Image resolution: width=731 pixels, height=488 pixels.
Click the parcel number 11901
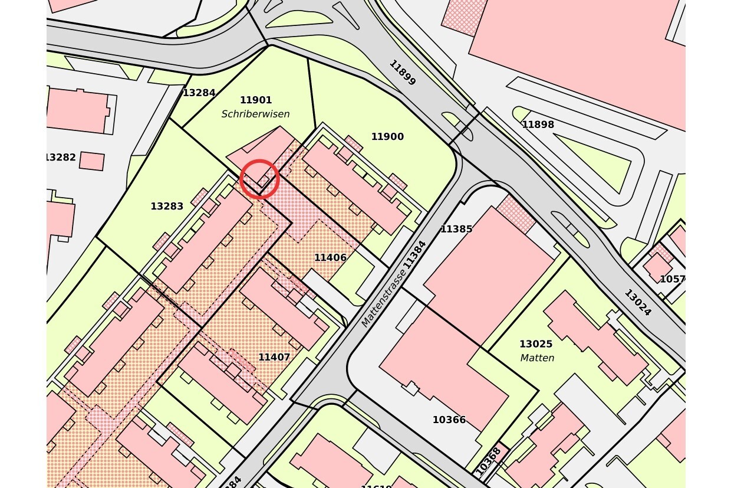[x=256, y=100]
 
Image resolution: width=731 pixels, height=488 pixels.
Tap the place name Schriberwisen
[x=255, y=114]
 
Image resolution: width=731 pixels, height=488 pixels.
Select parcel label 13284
[x=199, y=93]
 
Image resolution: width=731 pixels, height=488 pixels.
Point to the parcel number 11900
[x=387, y=137]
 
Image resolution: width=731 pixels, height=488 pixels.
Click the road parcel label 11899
[x=403, y=73]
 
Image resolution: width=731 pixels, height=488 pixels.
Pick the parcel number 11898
[x=538, y=125]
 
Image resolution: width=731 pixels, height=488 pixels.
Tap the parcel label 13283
[x=167, y=207]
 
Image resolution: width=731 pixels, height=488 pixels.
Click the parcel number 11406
[x=330, y=258]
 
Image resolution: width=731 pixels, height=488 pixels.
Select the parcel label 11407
[x=274, y=358]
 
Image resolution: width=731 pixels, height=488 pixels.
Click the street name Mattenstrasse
[x=384, y=298]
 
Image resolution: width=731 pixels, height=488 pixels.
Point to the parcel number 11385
[x=456, y=229]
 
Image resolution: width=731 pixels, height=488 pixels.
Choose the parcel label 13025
[x=536, y=344]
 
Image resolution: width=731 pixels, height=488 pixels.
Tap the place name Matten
[x=537, y=358]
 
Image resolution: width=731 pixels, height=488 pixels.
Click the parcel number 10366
[x=449, y=420]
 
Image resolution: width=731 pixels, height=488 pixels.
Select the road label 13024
[x=638, y=303]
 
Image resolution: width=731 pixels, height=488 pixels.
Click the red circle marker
[x=259, y=179]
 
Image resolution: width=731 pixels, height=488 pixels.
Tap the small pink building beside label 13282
[x=92, y=161]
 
